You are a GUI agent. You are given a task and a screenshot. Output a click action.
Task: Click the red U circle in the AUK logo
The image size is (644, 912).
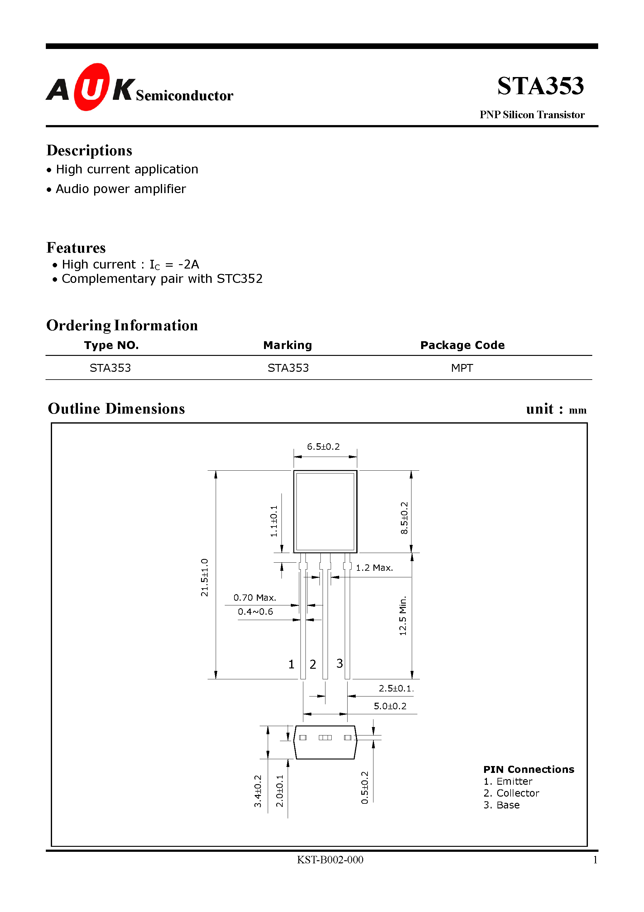91,87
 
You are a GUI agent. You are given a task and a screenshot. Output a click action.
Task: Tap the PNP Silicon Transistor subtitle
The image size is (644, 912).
532,115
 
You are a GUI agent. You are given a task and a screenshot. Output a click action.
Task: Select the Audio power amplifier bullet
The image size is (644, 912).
121,189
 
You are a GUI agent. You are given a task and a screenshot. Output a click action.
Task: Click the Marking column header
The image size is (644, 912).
287,345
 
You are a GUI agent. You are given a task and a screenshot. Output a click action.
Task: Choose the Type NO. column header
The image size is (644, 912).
111,345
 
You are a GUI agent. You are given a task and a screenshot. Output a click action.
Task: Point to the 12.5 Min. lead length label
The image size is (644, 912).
403,616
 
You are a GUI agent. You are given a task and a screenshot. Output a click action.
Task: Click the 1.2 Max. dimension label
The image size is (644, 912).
374,568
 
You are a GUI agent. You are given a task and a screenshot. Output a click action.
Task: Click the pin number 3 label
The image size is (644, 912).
339,663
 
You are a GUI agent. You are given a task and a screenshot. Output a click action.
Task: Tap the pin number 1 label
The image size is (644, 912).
291,664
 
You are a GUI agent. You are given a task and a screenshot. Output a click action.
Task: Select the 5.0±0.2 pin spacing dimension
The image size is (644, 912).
390,706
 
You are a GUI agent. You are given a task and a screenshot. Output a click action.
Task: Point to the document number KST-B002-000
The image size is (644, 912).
330,860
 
